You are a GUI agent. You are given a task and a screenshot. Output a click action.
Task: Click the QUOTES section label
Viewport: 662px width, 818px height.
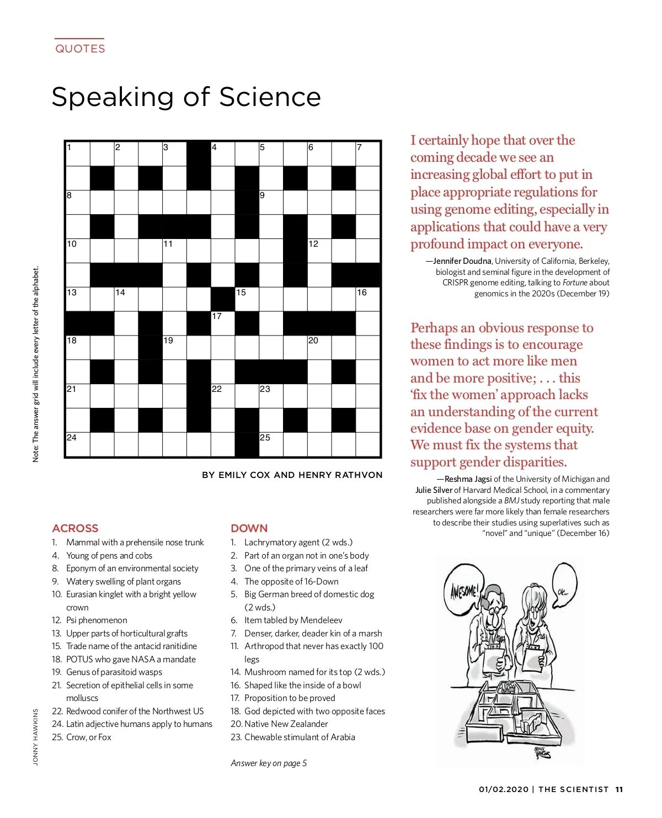click(80, 49)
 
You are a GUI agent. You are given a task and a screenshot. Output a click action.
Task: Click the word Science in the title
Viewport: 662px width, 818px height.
click(270, 97)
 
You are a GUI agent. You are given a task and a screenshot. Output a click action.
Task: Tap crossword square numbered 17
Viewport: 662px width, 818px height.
click(223, 323)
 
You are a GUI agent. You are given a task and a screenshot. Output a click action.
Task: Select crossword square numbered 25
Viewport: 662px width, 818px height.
click(271, 445)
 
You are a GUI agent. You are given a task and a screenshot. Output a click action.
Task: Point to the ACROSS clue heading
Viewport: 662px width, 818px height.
click(75, 528)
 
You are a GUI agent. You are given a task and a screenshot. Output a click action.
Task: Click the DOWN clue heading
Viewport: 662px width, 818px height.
click(249, 528)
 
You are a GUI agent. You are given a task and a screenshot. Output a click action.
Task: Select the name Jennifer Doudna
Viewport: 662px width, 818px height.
click(462, 261)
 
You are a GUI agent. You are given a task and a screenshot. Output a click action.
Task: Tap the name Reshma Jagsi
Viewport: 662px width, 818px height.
click(468, 479)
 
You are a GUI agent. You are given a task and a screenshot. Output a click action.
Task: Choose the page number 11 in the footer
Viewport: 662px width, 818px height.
click(619, 790)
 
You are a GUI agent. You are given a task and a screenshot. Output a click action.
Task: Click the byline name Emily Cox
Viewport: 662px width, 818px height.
click(244, 475)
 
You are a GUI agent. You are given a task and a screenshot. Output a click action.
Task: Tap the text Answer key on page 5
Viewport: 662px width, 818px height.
click(269, 763)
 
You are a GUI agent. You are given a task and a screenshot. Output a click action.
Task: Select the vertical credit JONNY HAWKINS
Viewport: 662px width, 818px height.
click(36, 737)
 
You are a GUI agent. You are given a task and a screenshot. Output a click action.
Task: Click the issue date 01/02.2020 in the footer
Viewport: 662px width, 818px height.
click(504, 790)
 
